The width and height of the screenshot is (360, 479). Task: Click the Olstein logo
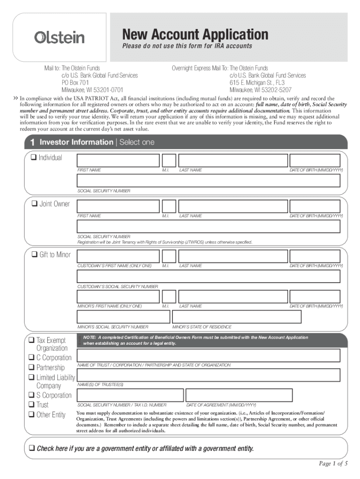[x=59, y=37]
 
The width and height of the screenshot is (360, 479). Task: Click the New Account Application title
[x=195, y=34]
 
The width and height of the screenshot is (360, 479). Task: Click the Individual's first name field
[x=118, y=160]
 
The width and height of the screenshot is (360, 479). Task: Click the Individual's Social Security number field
[x=208, y=181]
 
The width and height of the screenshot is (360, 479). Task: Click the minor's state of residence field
[x=237, y=317]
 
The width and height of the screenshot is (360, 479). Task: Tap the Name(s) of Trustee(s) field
[x=208, y=375]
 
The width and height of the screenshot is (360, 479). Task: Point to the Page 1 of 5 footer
[x=333, y=464]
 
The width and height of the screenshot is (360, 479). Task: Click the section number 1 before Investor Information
[x=32, y=142]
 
